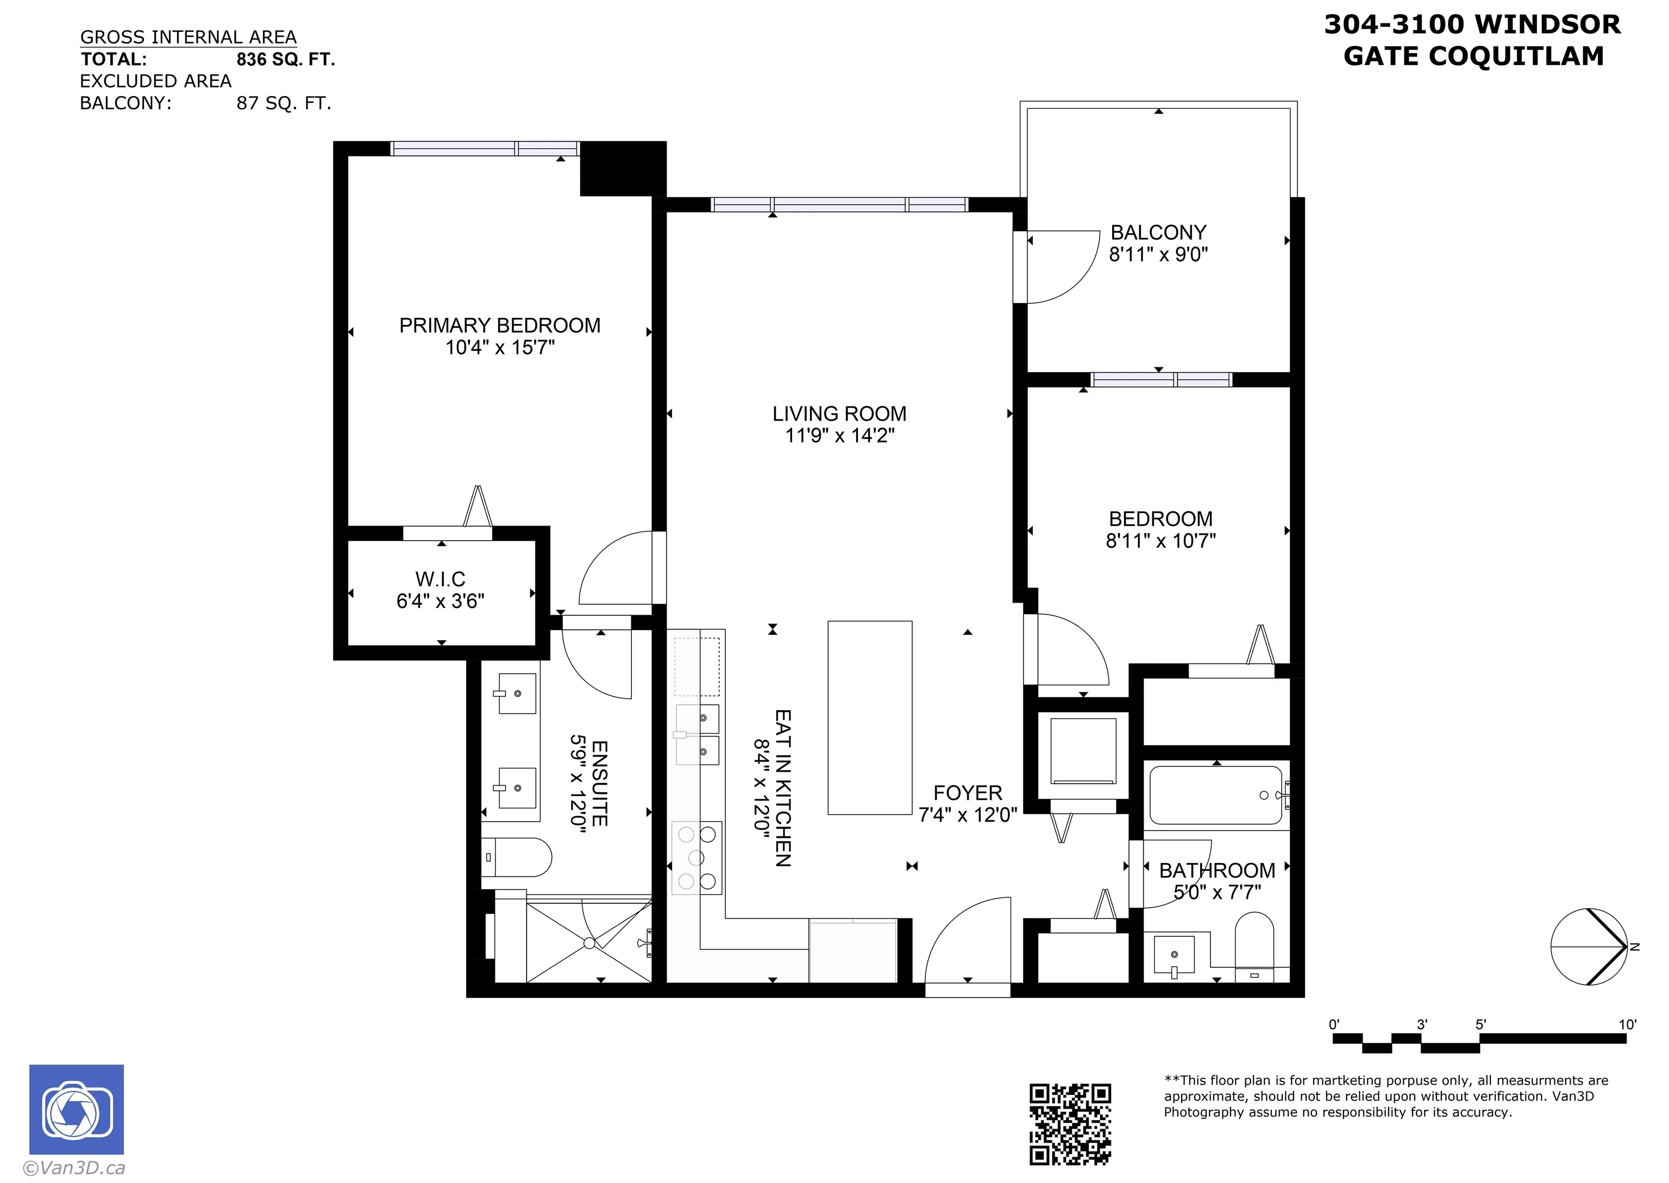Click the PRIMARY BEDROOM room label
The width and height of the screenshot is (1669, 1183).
point(499,326)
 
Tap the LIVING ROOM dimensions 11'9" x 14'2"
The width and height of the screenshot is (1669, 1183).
point(839,436)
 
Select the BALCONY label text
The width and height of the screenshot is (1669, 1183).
point(1158,233)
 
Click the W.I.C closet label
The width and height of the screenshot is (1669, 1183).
point(440,579)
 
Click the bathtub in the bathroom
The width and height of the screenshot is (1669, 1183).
point(1215,795)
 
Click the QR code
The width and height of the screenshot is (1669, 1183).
point(1069,1123)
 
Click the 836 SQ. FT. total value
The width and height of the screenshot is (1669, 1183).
point(285,60)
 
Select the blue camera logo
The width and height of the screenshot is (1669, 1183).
point(77,1110)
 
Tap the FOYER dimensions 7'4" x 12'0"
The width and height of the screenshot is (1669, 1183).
point(967,815)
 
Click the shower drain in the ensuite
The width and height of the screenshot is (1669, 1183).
point(589,943)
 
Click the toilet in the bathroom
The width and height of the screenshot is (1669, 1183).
point(1254,947)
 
